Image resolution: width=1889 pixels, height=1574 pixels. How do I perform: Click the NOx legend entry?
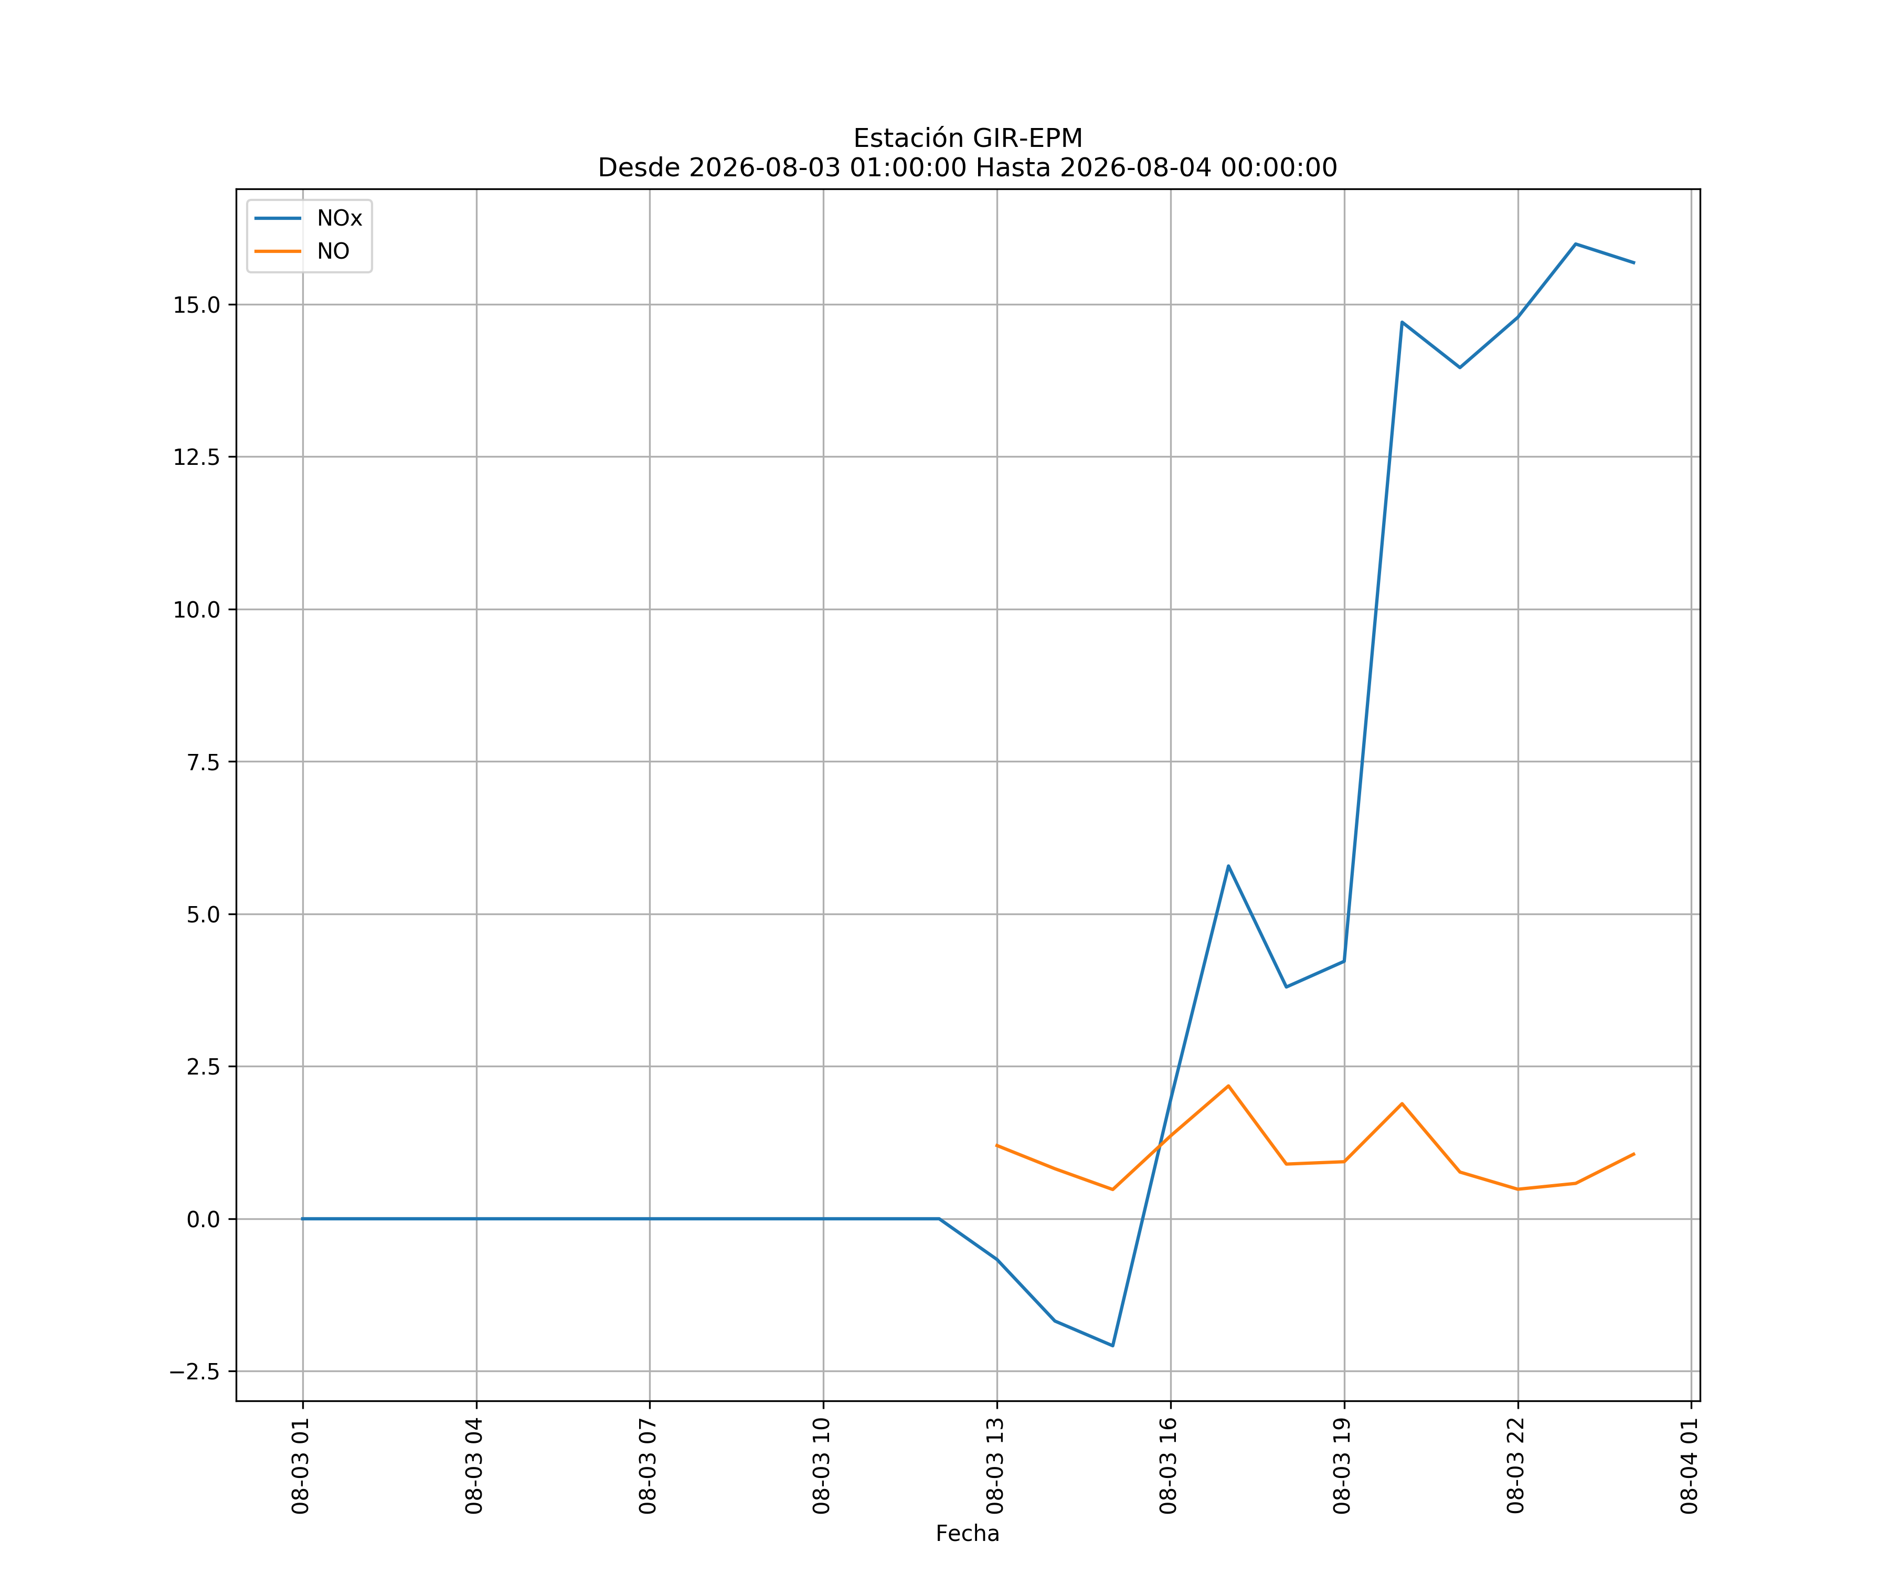[309, 219]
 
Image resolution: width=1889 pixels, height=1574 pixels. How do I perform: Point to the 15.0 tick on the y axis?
[197, 305]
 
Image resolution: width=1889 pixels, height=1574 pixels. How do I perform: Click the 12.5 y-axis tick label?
[197, 457]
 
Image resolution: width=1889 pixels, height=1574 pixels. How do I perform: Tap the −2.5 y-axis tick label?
[194, 1371]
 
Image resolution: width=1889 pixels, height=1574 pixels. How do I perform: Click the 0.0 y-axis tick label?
[203, 1220]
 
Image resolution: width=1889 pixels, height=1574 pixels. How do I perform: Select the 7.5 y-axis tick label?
[203, 762]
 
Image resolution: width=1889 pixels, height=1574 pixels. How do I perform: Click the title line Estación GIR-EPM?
[968, 139]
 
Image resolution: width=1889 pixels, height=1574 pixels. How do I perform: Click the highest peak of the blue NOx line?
[1576, 244]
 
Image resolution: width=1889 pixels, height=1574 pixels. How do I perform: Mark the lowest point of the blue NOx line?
[1113, 1346]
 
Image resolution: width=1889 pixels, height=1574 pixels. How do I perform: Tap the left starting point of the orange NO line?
[996, 1145]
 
